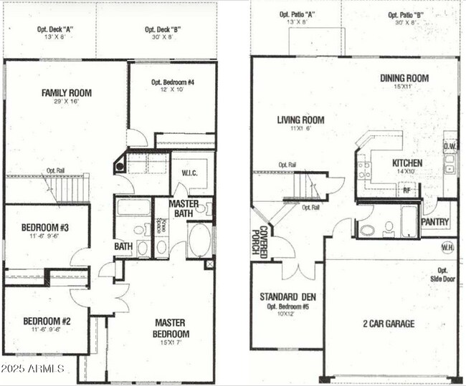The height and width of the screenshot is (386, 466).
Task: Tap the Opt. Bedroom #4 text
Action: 173,82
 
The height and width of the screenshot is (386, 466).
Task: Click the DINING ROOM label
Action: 404,78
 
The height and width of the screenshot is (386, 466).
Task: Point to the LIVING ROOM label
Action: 300,120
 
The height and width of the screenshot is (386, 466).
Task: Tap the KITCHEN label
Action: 406,163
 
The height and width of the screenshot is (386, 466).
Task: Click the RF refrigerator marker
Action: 405,191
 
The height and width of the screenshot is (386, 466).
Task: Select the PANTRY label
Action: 434,223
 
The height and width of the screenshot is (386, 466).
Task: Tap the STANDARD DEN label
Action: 287,296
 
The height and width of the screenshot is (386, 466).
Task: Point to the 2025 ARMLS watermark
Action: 34,369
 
